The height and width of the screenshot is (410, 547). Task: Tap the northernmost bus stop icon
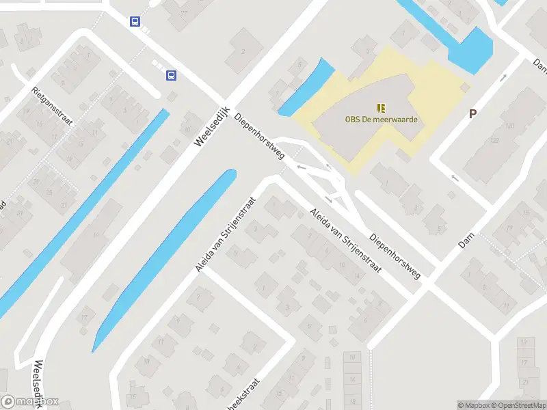[x=135, y=21]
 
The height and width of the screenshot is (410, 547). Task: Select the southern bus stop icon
[x=170, y=75]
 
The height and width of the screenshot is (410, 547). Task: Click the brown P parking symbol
[x=472, y=114]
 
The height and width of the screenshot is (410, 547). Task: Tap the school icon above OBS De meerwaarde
[x=381, y=108]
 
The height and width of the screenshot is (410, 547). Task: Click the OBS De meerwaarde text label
[x=381, y=120]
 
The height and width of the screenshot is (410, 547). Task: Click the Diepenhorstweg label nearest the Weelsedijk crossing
[x=259, y=136]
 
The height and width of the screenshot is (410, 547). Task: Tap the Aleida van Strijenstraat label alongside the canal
[x=226, y=234]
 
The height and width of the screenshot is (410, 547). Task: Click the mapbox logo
[x=30, y=402]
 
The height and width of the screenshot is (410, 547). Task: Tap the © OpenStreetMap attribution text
[x=518, y=405]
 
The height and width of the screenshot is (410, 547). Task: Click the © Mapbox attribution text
[x=472, y=405]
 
